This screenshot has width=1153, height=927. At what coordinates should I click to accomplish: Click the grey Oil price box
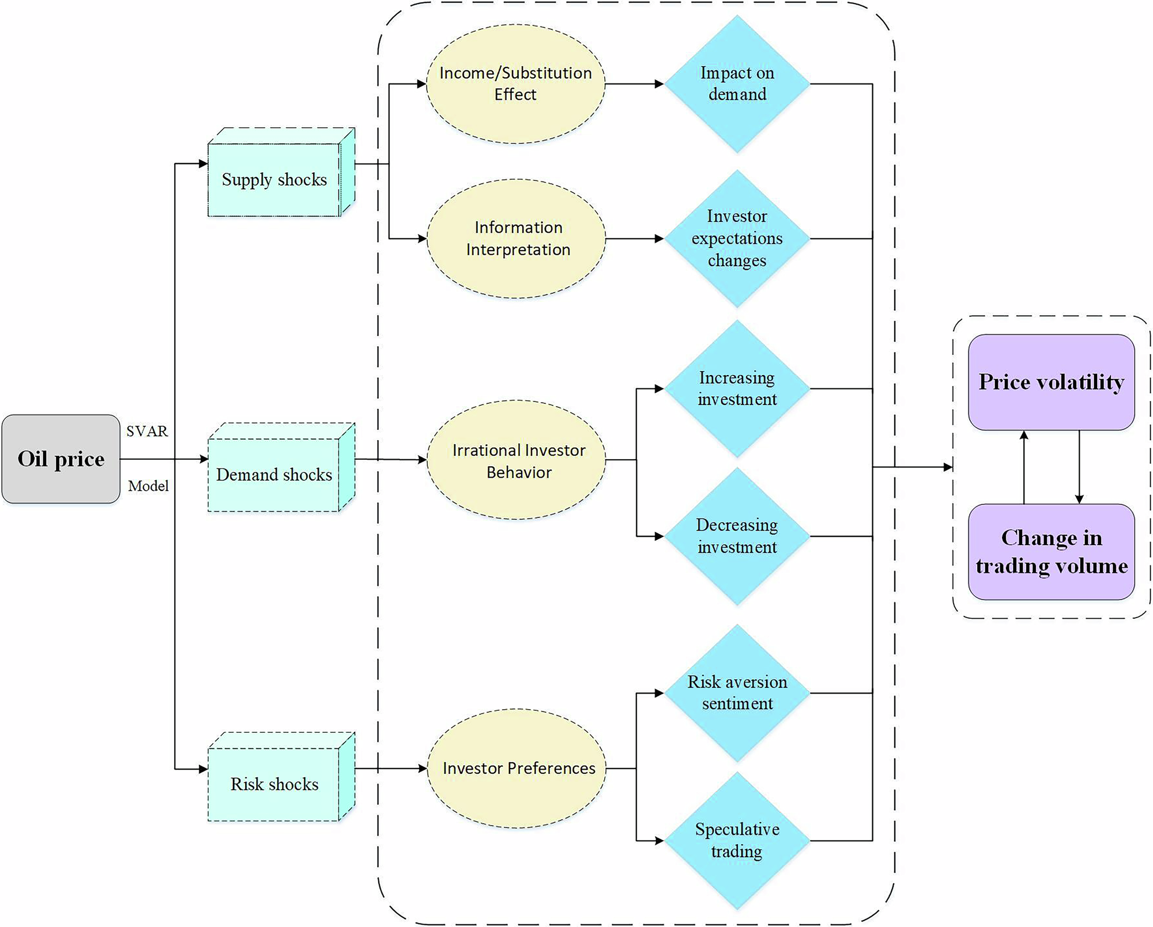point(61,459)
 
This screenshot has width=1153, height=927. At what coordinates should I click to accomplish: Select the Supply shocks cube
point(274,179)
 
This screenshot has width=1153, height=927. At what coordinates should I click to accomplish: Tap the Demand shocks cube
point(274,474)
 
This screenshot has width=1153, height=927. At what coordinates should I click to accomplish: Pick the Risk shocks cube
point(274,784)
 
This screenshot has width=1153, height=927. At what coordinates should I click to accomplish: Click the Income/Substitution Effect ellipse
point(515,84)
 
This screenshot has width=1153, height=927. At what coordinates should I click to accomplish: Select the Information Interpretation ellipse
point(517,238)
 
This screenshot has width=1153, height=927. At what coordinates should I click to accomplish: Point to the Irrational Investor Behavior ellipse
point(517,460)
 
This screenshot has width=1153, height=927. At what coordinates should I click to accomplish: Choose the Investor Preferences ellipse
point(517,768)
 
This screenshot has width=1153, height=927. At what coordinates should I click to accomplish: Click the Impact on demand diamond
point(737,84)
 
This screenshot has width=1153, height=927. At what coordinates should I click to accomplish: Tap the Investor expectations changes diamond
point(737,238)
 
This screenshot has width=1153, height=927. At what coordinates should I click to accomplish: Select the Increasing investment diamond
point(737,389)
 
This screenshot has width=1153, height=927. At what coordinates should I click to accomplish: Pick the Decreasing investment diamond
point(737,536)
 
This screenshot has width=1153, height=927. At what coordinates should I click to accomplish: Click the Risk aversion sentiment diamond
point(737,693)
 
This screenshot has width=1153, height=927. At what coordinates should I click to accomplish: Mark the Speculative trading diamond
point(737,841)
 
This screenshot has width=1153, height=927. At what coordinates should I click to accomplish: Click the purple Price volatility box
point(1051,382)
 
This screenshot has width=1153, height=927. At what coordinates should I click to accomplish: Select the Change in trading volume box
point(1051,551)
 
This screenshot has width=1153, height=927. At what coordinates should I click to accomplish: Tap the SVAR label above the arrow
point(147,431)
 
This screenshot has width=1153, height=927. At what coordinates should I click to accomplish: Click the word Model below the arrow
point(148,486)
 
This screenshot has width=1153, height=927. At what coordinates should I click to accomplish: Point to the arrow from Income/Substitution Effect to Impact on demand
point(634,84)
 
